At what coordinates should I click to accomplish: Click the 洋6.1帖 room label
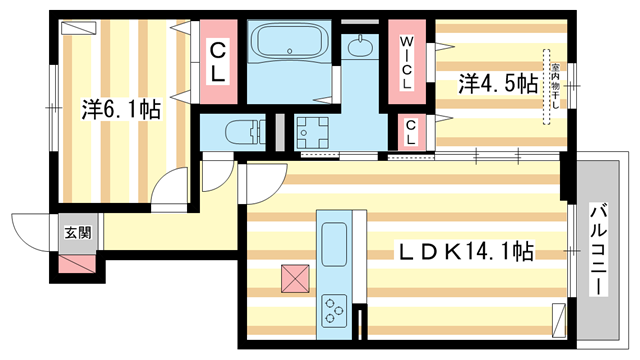pos(121,109)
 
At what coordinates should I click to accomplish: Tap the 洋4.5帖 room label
pos(497,84)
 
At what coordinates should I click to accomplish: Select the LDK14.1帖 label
pos(466,253)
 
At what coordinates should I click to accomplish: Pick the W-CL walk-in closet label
pos(408,64)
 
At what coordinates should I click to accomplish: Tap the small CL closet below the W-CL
pos(409,132)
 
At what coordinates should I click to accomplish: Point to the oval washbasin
pos(359,46)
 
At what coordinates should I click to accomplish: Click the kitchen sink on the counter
pos(333,241)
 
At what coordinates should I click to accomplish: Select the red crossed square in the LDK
pos(295,277)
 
